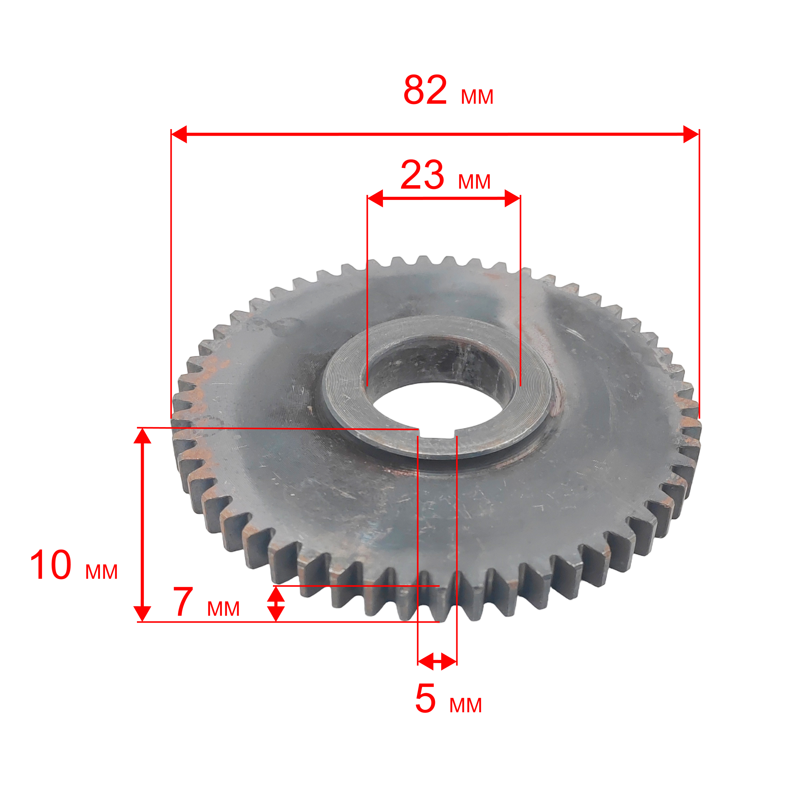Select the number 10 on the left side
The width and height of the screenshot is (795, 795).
tap(51, 565)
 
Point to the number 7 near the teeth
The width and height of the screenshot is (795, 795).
tap(183, 602)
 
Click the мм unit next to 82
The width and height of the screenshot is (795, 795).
tap(477, 97)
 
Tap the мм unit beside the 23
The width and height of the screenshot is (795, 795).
tap(474, 182)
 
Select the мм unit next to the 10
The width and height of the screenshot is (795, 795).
tap(102, 572)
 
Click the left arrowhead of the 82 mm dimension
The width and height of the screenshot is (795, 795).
tap(179, 134)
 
